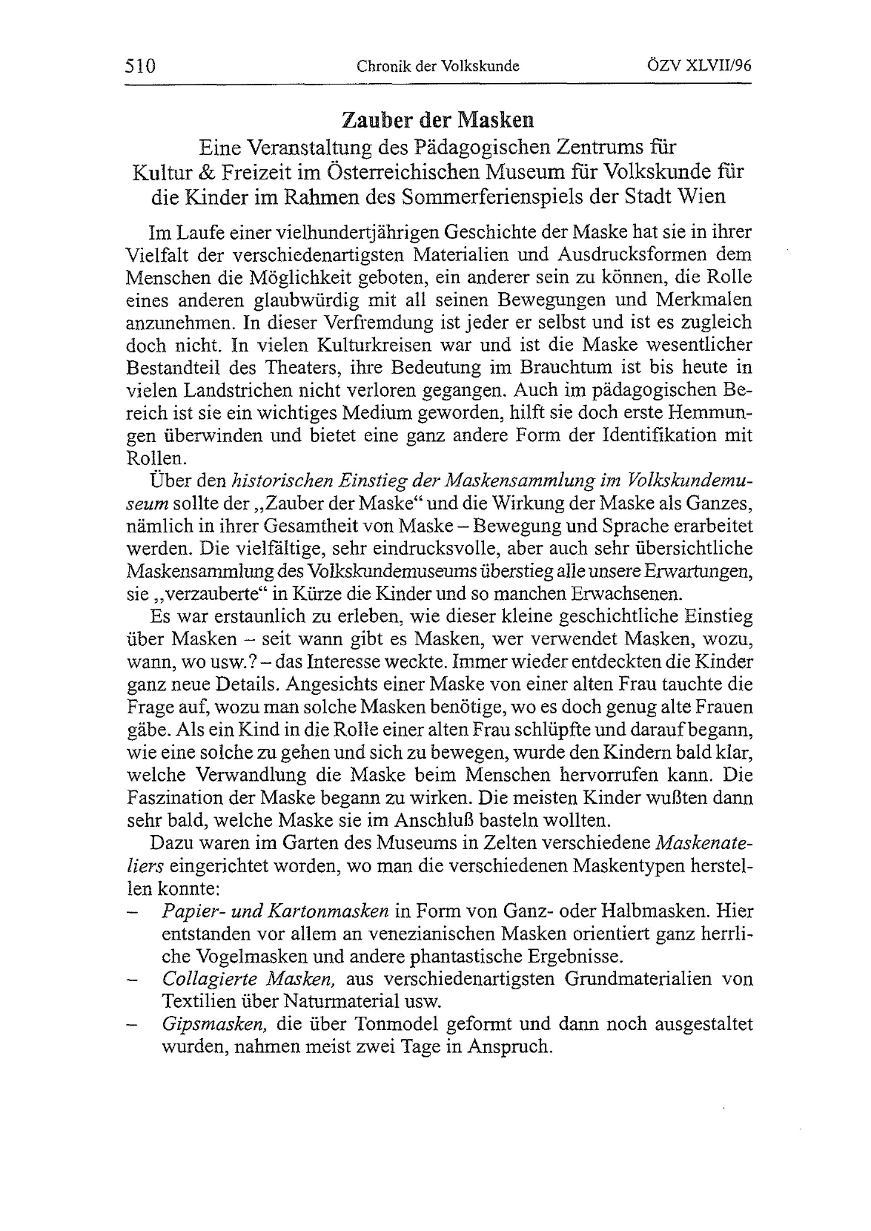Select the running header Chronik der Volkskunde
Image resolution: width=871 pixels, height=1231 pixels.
(x=438, y=66)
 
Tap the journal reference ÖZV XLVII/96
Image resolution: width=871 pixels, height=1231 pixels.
(x=699, y=65)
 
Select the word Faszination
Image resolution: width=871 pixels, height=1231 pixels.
(x=173, y=798)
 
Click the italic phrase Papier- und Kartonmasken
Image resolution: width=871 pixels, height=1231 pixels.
(x=275, y=911)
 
